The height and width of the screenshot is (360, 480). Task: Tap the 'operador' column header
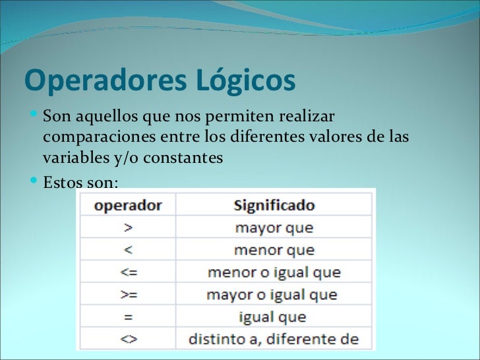coord(128,205)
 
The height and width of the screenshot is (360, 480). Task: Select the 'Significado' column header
coord(274,205)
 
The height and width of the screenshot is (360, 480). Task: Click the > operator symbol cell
coord(128,228)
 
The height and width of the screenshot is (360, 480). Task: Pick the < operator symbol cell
coord(128,250)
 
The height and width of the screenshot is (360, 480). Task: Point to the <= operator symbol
coord(128,272)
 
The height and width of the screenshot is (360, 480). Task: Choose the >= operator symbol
coord(128,294)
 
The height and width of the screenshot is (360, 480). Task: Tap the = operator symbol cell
coord(128,316)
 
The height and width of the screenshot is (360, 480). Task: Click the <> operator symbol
coord(128,339)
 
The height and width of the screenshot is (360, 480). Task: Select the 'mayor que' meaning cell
coord(274,228)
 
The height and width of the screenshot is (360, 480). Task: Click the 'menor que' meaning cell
coord(274,251)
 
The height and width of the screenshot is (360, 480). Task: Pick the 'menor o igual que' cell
coord(274,272)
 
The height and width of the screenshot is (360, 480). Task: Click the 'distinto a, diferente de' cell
coord(274,340)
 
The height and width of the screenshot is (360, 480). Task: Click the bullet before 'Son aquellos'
coord(34,117)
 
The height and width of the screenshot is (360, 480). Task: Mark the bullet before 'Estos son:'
coord(34,179)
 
